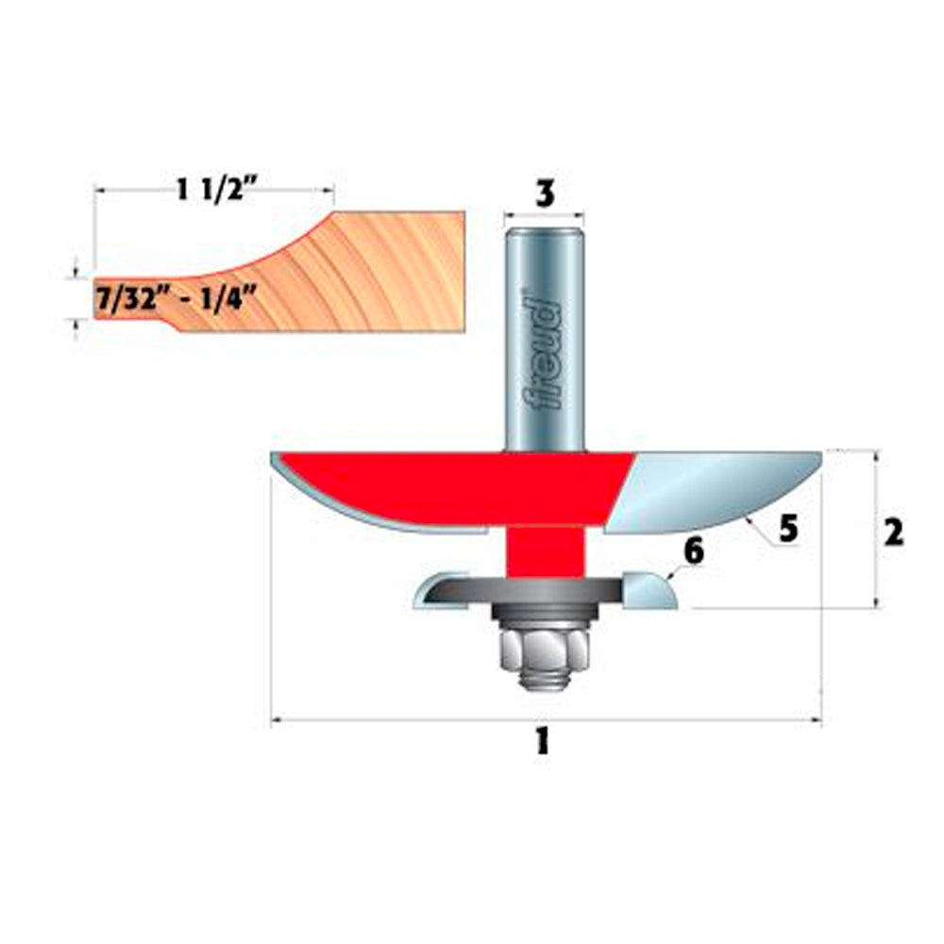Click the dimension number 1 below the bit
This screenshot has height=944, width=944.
point(541,743)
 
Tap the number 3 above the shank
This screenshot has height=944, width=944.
point(544,193)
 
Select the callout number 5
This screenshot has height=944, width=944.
point(788,530)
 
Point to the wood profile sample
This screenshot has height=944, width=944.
point(378,274)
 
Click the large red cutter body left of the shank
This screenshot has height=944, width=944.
point(425,486)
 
